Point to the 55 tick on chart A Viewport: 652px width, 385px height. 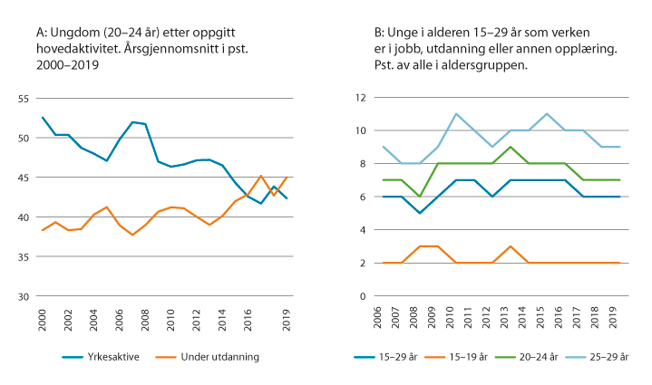pos(23,98)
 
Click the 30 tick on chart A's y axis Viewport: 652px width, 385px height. pos(23,296)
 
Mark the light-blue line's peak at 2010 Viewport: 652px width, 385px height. pos(455,114)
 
